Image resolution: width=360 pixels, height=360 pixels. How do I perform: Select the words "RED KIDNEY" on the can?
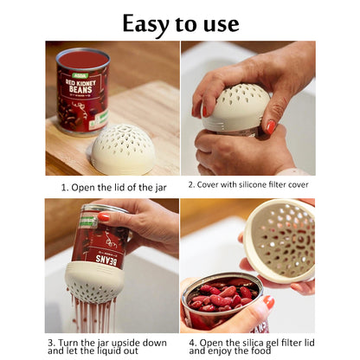[80, 83]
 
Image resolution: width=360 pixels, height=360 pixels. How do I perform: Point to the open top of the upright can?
[83, 59]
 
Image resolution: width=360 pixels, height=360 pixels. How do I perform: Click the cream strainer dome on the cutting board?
[123, 149]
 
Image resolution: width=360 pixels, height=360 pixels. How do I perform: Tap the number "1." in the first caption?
[65, 188]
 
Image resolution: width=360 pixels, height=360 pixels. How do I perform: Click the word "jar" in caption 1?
[160, 188]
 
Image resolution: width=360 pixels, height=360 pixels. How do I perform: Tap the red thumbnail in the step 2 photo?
[271, 127]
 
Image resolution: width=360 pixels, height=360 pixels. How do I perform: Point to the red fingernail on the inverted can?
[104, 216]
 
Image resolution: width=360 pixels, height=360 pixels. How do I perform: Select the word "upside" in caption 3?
[126, 344]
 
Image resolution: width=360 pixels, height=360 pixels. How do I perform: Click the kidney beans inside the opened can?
[222, 296]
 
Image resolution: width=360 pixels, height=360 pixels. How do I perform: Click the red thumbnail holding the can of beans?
[269, 302]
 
